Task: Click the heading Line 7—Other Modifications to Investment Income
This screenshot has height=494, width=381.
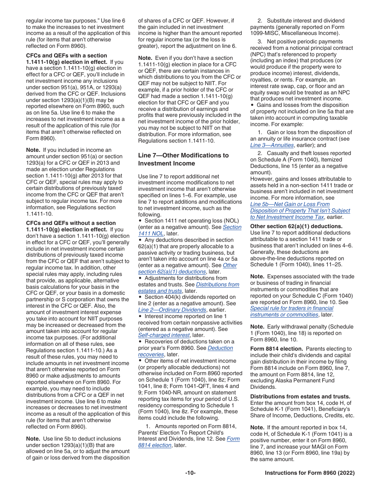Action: point(183,159)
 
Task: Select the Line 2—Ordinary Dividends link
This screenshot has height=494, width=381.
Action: point(172,310)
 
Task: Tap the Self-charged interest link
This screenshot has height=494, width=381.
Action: point(164,335)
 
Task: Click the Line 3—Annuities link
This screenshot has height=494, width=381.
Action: point(272,145)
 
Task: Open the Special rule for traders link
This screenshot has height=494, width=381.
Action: point(292,308)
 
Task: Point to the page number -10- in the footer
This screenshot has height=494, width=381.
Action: point(190,473)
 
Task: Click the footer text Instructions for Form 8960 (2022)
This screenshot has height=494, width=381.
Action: point(310,473)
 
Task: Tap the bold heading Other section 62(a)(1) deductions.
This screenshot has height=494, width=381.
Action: point(296,226)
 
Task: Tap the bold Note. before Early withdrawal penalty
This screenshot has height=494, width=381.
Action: point(257,327)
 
